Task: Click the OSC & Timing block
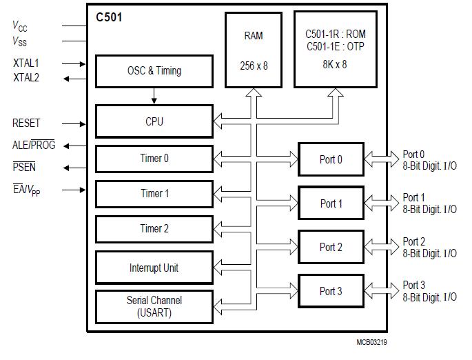tap(154, 70)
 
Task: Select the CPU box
tap(154, 121)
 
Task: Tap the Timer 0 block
tap(154, 159)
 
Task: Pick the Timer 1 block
tap(154, 194)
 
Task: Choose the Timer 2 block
tap(154, 229)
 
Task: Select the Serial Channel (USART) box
tap(154, 306)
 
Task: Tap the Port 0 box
tap(331, 160)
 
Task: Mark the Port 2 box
tap(331, 247)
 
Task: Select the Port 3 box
tap(331, 291)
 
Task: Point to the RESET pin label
tap(26, 123)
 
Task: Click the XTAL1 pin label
tap(26, 63)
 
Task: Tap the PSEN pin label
tap(25, 167)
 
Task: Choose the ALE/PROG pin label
tap(34, 146)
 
